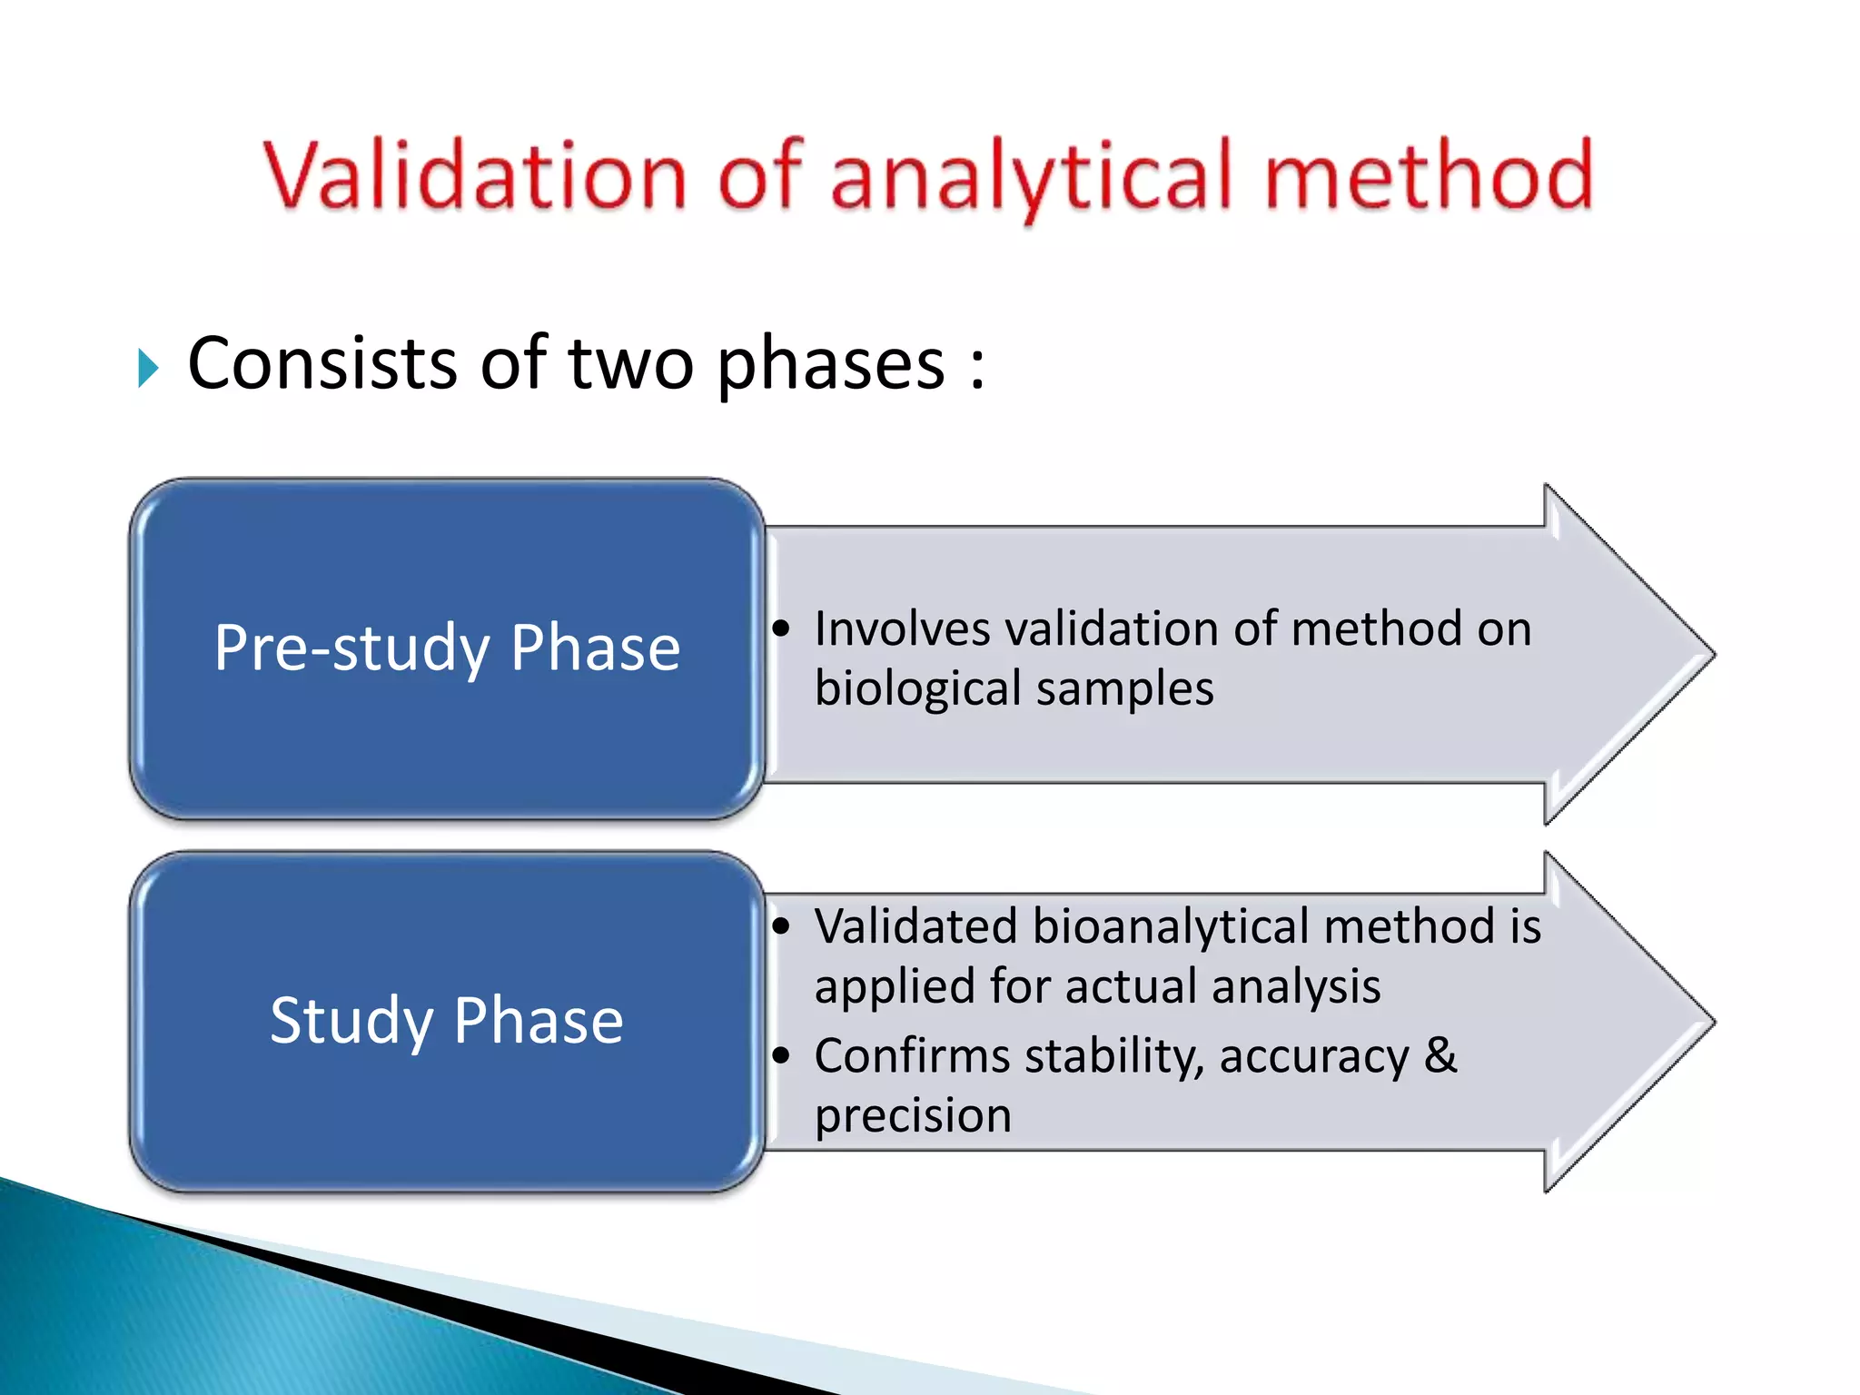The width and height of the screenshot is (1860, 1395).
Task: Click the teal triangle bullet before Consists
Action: [x=148, y=368]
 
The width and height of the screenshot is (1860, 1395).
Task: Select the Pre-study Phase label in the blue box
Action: [x=447, y=648]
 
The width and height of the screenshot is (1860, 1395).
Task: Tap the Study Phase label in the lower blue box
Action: [x=447, y=1021]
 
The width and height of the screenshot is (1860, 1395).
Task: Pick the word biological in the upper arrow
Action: [x=916, y=688]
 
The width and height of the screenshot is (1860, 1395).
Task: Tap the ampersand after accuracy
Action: [x=1440, y=1055]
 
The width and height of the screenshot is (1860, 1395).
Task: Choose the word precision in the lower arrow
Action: [x=913, y=1116]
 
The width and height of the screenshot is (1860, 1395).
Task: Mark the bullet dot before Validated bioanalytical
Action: [x=781, y=926]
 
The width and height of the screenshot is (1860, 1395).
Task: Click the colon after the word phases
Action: [x=977, y=368]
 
